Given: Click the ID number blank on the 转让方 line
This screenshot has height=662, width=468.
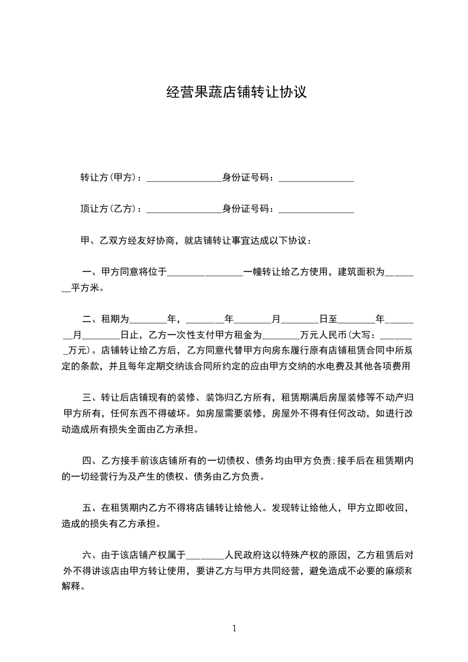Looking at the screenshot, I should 316,179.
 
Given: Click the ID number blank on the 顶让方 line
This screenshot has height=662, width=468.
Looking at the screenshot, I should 316,210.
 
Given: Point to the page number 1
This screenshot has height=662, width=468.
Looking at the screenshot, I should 234,628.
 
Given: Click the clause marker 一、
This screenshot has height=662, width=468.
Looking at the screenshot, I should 91,272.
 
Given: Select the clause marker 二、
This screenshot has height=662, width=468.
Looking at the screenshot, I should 91,319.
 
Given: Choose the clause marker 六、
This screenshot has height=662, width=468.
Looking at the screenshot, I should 91,555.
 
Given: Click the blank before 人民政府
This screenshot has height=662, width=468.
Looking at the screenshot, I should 205,556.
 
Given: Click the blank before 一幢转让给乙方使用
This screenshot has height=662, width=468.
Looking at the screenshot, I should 205,274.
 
